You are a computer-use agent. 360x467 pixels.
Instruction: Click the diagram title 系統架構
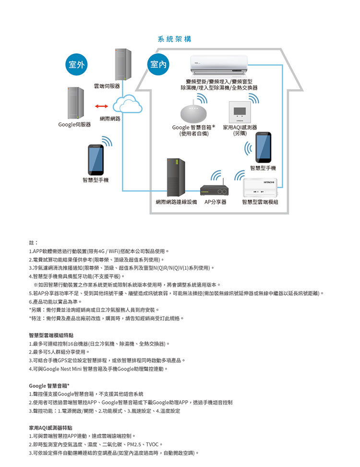click(x=174, y=39)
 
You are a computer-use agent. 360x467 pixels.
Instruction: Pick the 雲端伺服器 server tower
click(x=123, y=65)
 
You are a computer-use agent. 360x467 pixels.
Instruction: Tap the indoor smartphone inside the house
click(x=263, y=147)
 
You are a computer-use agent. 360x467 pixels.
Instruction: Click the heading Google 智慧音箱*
click(x=49, y=385)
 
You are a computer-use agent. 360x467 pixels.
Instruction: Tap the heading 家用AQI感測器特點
click(x=50, y=427)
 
